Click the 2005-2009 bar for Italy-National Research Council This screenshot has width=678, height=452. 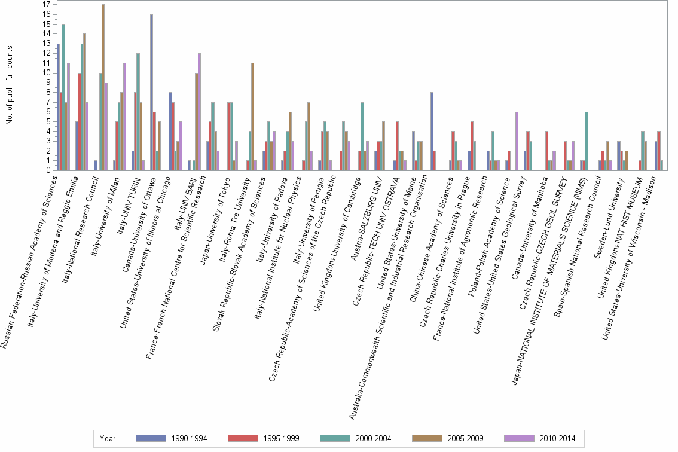(103, 87)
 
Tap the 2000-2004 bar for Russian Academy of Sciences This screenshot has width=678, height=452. (63, 97)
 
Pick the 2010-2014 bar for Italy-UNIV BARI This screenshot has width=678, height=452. (199, 112)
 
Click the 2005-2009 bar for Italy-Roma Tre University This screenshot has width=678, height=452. (253, 117)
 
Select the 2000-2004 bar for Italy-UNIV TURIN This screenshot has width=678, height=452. (138, 112)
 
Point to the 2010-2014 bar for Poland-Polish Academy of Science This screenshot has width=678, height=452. (516, 141)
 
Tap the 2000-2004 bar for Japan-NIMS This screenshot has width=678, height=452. (587, 141)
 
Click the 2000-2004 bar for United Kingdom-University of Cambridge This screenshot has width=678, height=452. (362, 136)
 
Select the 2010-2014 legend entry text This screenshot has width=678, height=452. (557, 439)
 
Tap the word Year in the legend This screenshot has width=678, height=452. (108, 439)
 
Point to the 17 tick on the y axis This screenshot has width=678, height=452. (47, 4)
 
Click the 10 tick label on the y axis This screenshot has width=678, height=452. (47, 72)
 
